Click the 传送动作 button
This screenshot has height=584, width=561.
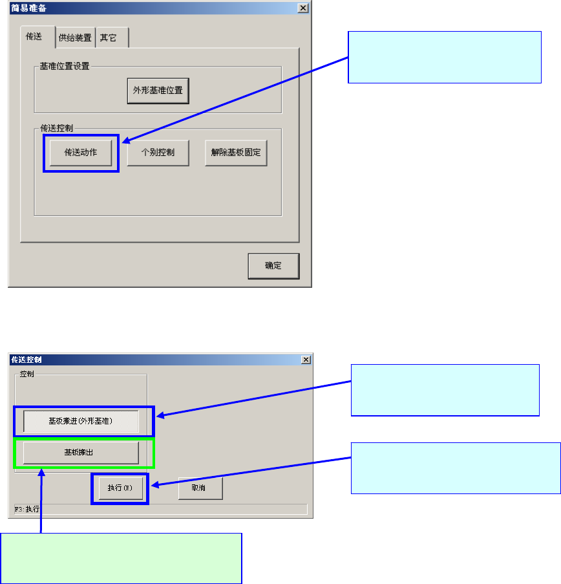click(81, 153)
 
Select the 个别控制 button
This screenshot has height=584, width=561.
click(158, 153)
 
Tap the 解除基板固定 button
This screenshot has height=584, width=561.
click(236, 153)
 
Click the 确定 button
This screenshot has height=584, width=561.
click(273, 266)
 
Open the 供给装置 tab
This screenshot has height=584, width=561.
click(75, 38)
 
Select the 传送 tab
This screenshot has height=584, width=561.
click(34, 37)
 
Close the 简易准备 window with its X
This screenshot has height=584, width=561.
click(302, 8)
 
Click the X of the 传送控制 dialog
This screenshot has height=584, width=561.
click(306, 360)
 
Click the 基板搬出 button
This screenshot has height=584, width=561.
click(81, 453)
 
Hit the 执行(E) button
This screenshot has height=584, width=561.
click(120, 488)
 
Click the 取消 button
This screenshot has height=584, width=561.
click(200, 488)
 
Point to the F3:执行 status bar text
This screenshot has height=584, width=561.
click(26, 509)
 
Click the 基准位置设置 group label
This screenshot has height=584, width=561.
click(65, 66)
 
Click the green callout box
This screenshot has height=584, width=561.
click(121, 558)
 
